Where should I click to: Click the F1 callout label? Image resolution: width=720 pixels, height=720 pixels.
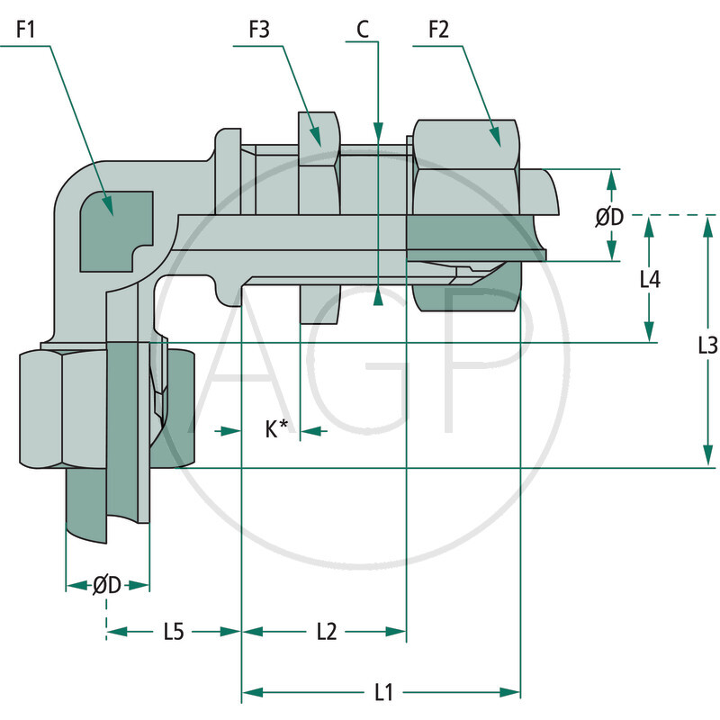[x=24, y=30]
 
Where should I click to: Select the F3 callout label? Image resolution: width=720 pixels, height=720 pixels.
[x=260, y=30]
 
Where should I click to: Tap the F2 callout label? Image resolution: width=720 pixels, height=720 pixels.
[x=438, y=30]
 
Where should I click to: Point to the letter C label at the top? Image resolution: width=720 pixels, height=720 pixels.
[x=362, y=30]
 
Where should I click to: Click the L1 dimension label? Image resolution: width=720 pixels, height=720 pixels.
[x=383, y=692]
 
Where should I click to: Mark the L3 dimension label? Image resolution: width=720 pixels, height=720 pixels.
[x=707, y=344]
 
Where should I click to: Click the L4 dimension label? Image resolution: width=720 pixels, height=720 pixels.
[x=650, y=280]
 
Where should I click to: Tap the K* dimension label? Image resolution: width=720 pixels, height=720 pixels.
[x=276, y=430]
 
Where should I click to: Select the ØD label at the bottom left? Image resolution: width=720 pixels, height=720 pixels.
[x=107, y=585]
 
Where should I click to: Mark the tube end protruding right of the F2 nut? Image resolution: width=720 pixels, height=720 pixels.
[x=540, y=216]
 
